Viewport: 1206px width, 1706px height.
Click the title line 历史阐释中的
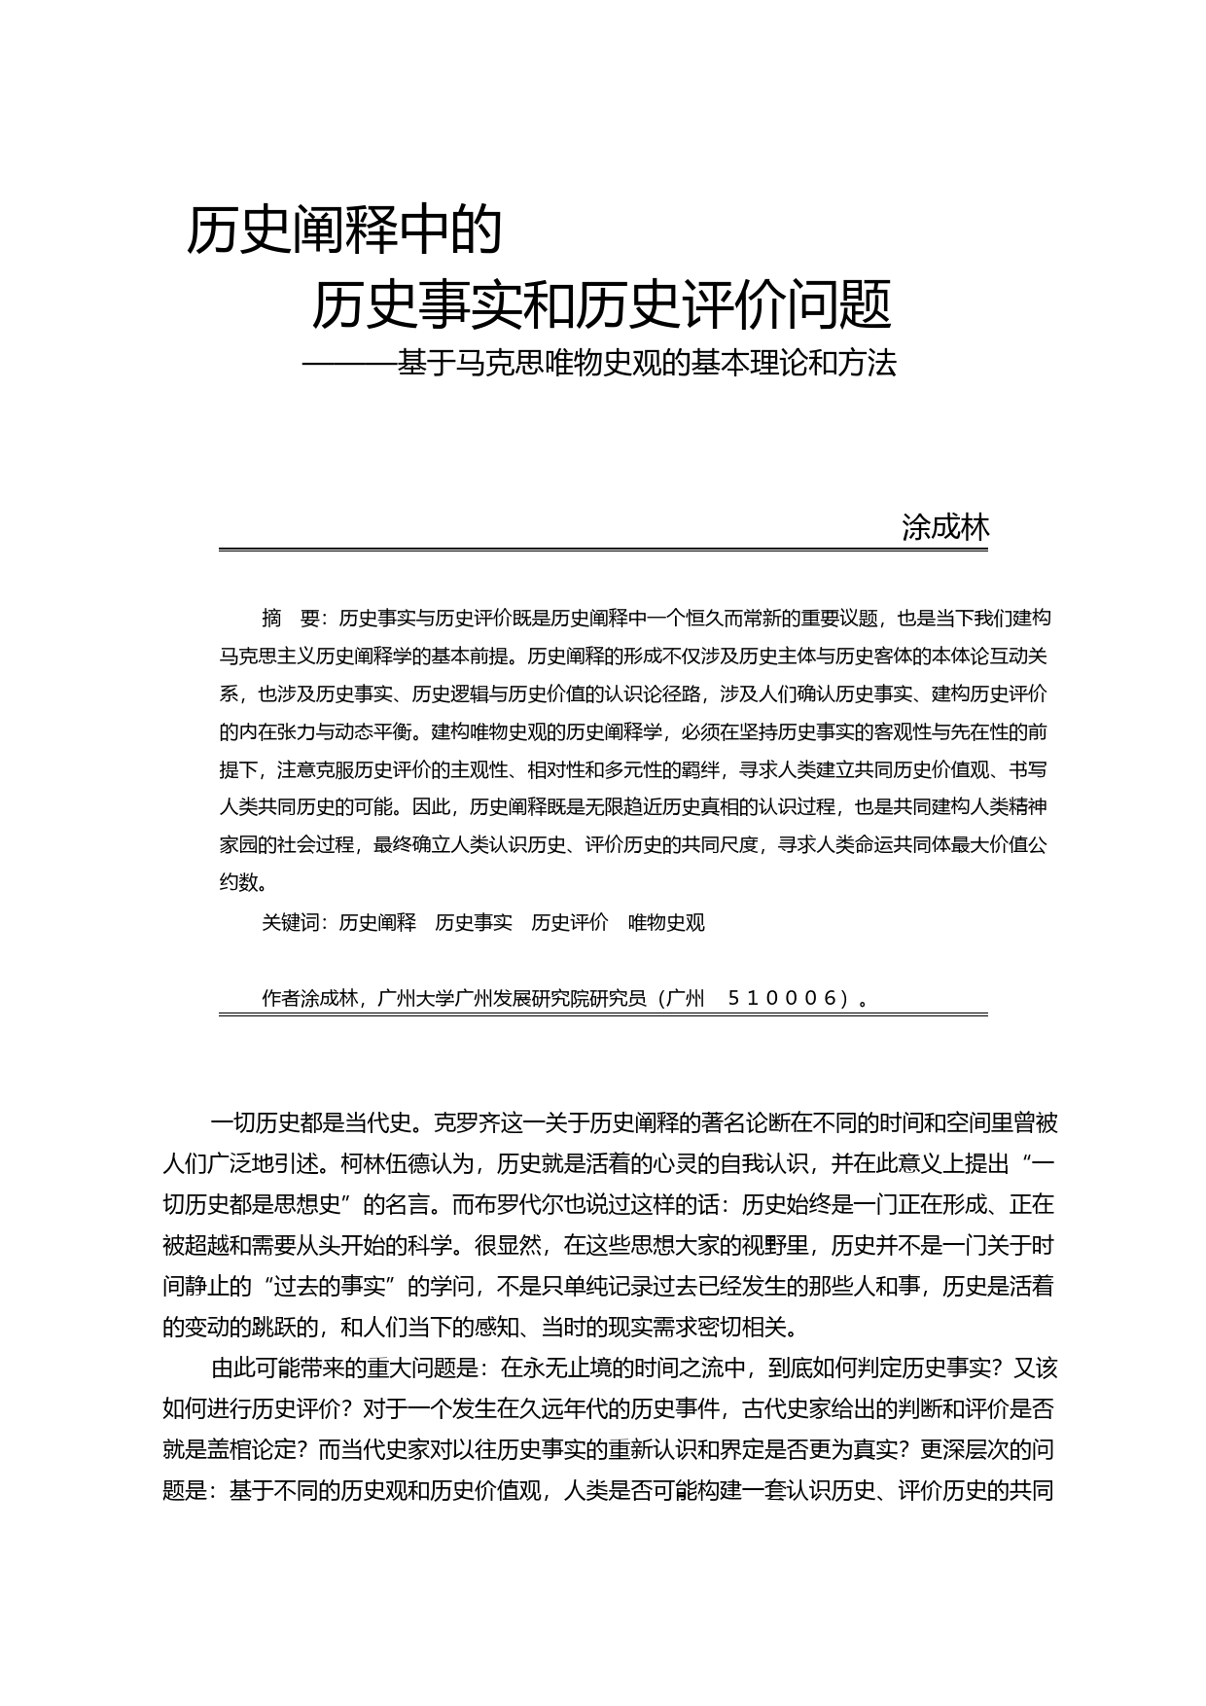[344, 231]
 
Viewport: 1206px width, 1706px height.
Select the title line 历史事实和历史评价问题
[600, 305]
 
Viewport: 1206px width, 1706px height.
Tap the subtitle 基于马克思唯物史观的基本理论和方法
[646, 363]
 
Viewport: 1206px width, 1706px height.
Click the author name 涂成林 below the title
[945, 527]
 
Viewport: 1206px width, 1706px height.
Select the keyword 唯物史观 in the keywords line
[666, 922]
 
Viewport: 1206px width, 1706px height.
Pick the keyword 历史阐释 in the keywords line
[377, 922]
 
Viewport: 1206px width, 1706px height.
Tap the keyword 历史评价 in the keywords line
[570, 922]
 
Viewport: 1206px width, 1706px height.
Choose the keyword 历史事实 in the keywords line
[474, 922]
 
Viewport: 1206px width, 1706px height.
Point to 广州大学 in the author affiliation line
[415, 998]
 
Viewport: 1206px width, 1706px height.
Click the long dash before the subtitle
[348, 364]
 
